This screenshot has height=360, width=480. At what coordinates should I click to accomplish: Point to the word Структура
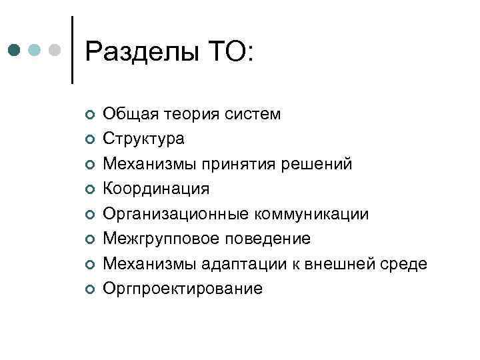pyautogui.click(x=145, y=139)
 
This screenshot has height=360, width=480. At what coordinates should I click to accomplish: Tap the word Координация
pyautogui.click(x=155, y=189)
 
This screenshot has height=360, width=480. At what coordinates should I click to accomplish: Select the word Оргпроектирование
pyautogui.click(x=182, y=289)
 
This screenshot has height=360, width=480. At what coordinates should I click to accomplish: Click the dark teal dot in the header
pyautogui.click(x=15, y=51)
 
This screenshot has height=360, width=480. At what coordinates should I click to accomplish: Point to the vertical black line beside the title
pyautogui.click(x=71, y=49)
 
